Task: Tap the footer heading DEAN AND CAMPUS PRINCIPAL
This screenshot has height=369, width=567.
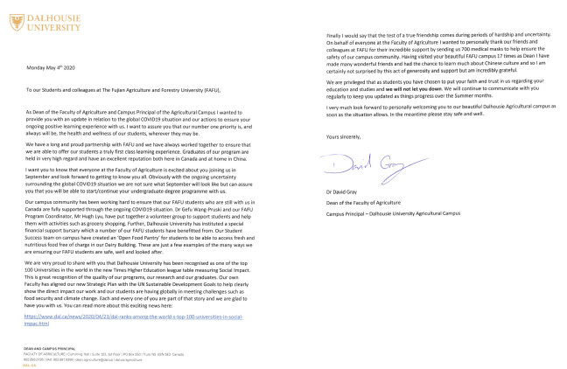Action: pyautogui.click(x=52, y=347)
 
